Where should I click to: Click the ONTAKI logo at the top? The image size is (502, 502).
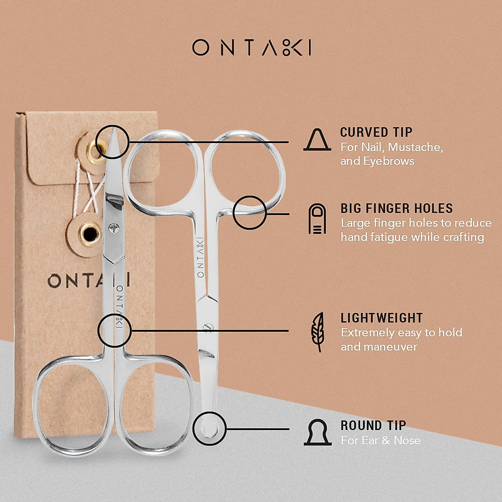pos(251,48)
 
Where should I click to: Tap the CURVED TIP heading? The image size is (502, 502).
pos(376,132)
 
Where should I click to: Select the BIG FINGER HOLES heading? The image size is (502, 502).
pos(397,208)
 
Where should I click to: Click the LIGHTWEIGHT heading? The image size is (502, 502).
pos(382,318)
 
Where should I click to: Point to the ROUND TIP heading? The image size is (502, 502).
pos(373,425)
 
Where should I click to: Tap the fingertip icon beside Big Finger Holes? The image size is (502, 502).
pos(317,219)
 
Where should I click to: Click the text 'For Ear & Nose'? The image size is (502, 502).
pos(380,440)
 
